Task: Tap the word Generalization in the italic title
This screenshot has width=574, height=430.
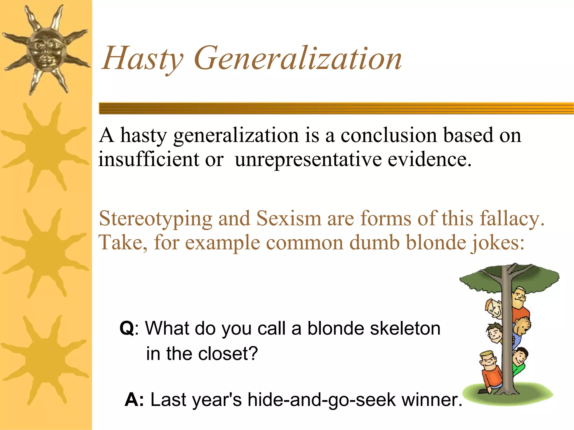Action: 298,59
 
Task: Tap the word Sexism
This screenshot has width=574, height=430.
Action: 289,218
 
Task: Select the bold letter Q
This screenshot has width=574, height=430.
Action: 127,328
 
